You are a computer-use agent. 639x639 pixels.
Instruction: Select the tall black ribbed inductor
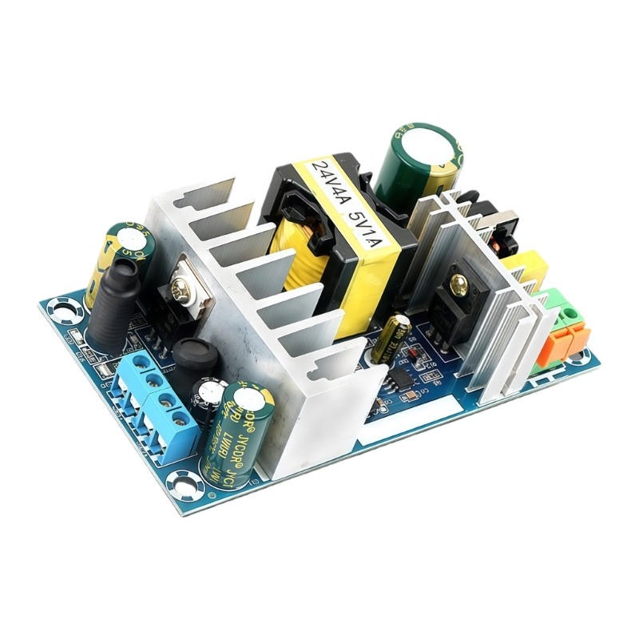coord(113,304)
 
